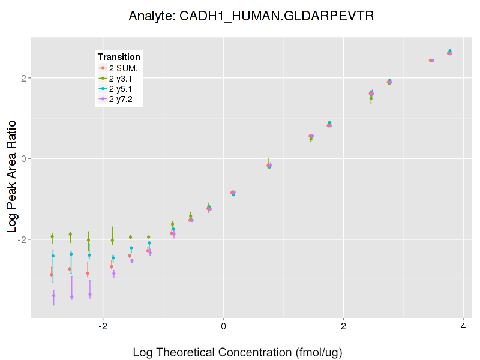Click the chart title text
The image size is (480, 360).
coord(251,16)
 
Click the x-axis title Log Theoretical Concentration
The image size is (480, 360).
coord(237,352)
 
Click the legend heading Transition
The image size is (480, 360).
coord(119,57)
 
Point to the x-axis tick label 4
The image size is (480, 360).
coord(463,326)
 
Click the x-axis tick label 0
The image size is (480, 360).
coord(223,326)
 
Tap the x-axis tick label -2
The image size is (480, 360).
coord(102,326)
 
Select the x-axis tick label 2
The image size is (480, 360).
coord(343,326)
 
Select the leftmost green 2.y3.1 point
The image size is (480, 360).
coord(52,236)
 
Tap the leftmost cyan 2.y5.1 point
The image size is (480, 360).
coord(53,256)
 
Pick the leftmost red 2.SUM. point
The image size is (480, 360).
coord(52,275)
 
